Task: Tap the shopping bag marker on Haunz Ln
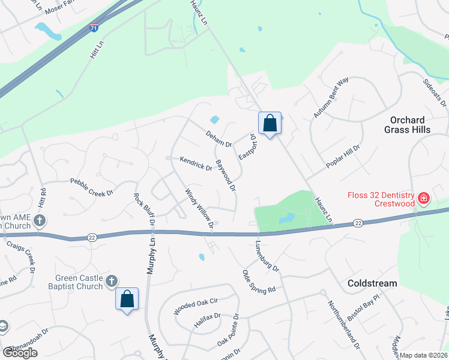point(270,123)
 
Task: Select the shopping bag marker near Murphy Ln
point(127,299)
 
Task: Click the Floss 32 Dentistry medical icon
point(423,197)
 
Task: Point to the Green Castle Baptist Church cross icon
point(111,281)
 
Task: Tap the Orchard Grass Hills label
point(407,125)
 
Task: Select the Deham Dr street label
point(218,139)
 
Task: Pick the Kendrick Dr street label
point(196,163)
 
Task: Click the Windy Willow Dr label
point(199,209)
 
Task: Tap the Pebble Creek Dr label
point(92,187)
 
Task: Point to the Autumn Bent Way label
point(331,98)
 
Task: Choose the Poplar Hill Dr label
point(342,156)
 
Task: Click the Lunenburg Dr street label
point(268,256)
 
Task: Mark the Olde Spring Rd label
point(259,281)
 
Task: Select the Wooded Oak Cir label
point(195,307)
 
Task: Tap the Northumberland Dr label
point(344,325)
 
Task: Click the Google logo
point(20,353)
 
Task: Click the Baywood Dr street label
point(226,175)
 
